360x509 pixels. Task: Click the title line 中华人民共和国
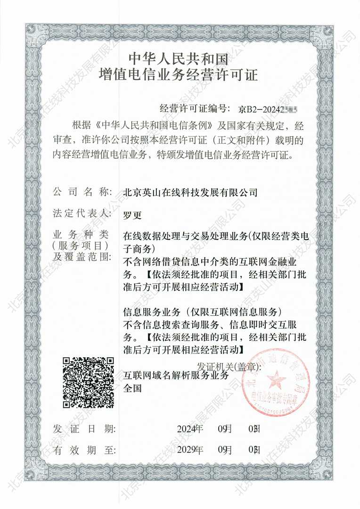(180, 59)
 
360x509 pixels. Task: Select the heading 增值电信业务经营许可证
(180, 74)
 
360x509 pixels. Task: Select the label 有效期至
(85, 450)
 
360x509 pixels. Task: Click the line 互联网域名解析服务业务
(175, 376)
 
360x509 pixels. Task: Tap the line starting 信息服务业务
(202, 312)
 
